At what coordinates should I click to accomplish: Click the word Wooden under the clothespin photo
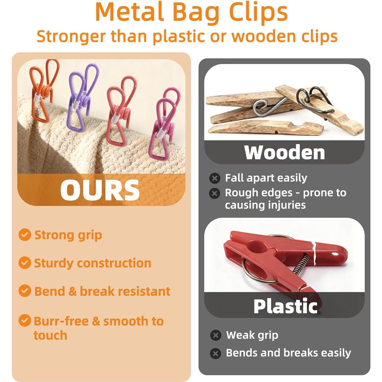coord(284,153)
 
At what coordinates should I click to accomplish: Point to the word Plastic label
coord(285,306)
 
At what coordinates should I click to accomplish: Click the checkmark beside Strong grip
coord(25,235)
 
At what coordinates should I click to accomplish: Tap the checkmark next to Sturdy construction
coord(25,263)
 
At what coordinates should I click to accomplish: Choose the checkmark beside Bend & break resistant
coord(25,291)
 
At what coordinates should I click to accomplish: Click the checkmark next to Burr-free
coord(25,321)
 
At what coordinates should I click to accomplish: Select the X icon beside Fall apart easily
coord(215,178)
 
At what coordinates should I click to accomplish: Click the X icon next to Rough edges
coord(215,193)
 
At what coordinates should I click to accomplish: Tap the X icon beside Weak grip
coord(216,335)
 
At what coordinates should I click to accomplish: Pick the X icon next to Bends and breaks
coord(216,353)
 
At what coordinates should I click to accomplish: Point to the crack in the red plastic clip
coord(314,253)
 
